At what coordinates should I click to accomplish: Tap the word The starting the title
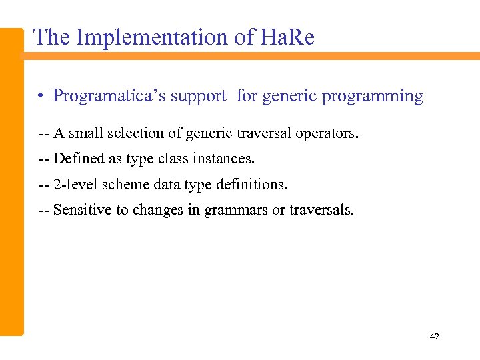tap(52, 37)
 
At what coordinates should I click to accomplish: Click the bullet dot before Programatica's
tap(41, 97)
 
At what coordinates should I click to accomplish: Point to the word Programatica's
tap(109, 96)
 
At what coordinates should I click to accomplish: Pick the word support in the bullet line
tap(199, 97)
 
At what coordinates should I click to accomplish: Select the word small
tap(85, 133)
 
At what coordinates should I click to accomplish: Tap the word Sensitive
tap(79, 211)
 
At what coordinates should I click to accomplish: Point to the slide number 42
tap(435, 337)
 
